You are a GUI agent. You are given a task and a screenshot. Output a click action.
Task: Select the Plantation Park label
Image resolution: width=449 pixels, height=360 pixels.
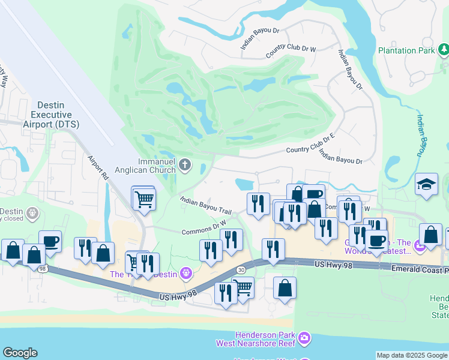click(x=406, y=50)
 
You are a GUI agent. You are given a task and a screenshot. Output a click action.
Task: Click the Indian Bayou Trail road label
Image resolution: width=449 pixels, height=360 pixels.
click(x=206, y=204)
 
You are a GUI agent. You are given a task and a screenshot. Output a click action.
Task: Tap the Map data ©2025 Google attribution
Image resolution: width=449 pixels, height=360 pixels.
click(x=412, y=355)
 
